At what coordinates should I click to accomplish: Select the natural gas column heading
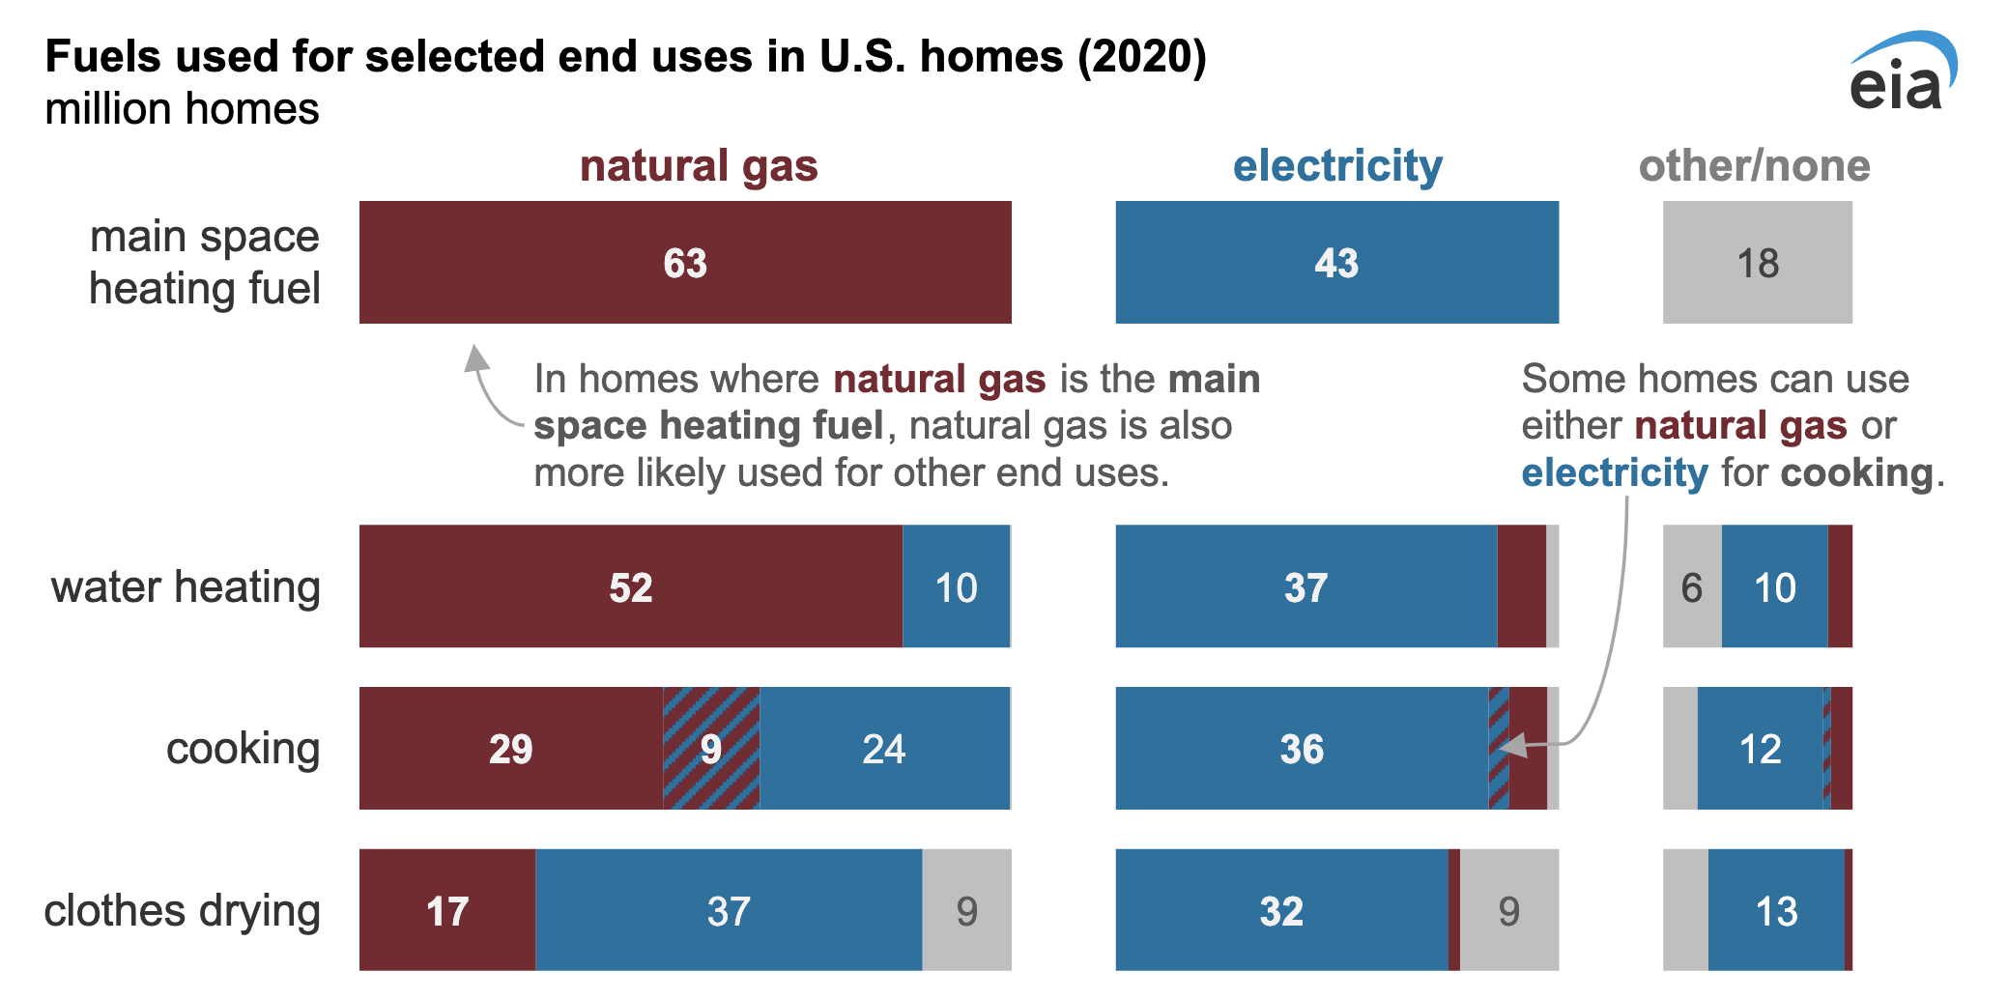[x=699, y=166]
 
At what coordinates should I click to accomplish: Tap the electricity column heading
[x=1337, y=166]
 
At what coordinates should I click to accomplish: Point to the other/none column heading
[x=1754, y=166]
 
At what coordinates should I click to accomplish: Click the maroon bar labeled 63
[x=685, y=262]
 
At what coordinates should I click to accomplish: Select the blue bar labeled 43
[x=1337, y=262]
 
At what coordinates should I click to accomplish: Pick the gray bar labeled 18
[x=1758, y=262]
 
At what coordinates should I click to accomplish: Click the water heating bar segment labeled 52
[x=631, y=586]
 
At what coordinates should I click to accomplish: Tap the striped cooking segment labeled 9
[x=711, y=748]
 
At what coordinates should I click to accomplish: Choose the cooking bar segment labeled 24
[x=884, y=748]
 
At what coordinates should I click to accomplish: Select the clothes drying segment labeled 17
[x=447, y=910]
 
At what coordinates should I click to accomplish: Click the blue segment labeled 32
[x=1282, y=910]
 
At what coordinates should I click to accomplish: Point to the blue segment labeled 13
[x=1776, y=910]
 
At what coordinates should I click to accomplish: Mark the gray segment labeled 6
[x=1692, y=586]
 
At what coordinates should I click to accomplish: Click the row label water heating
[x=186, y=586]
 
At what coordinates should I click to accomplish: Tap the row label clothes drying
[x=182, y=911]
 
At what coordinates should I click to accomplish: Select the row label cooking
[x=243, y=750]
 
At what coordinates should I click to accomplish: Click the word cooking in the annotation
[x=1857, y=473]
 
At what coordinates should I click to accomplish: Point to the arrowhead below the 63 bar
[x=475, y=357]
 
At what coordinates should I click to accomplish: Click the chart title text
[x=626, y=56]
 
